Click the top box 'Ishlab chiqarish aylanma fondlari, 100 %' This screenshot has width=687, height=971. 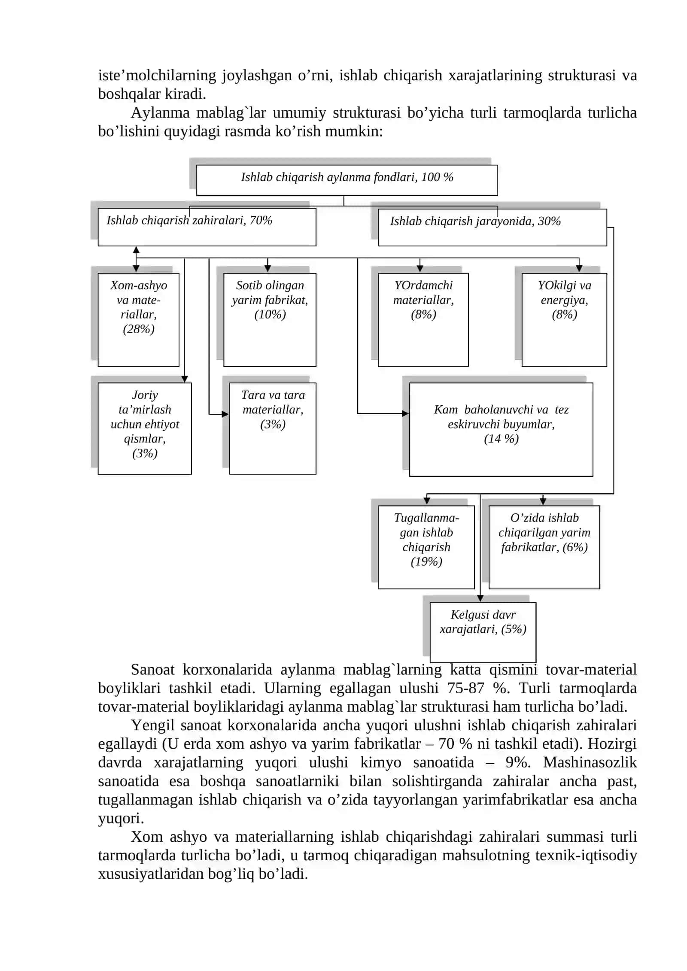tap(347, 180)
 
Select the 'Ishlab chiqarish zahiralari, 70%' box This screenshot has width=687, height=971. tap(207, 227)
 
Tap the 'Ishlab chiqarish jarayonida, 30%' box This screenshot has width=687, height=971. tap(492, 228)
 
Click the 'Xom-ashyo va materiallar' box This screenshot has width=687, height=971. tap(138, 320)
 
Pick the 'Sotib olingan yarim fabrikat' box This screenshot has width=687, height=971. tap(270, 320)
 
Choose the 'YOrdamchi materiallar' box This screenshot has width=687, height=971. tap(423, 320)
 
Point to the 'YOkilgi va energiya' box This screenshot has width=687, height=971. tap(564, 320)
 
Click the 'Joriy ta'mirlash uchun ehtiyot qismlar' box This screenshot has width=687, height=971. tap(145, 428)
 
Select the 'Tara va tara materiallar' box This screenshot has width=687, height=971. tap(273, 428)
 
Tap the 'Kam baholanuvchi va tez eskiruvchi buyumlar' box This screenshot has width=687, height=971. tap(501, 430)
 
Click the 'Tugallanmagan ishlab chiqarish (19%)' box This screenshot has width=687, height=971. tap(426, 547)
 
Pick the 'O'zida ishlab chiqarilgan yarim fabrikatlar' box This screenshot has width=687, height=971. tap(544, 547)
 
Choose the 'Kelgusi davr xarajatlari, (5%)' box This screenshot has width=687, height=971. tap(483, 632)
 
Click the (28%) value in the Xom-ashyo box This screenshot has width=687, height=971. tap(139, 329)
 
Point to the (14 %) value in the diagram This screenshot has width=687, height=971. tap(501, 439)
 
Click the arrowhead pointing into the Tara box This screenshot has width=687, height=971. tap(225, 414)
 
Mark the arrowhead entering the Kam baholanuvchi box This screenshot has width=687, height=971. tap(405, 413)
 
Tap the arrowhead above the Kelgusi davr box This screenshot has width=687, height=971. tap(480, 598)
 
